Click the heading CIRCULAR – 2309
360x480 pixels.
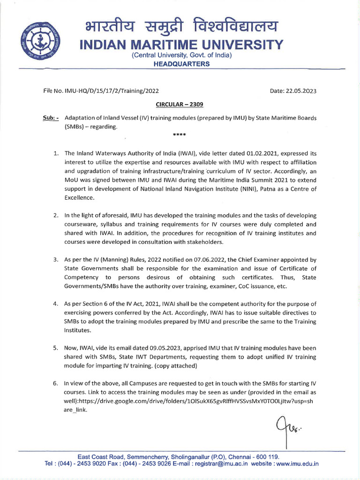click(x=180, y=105)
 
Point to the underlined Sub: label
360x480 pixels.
click(x=51, y=118)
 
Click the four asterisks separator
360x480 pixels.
click(x=180, y=135)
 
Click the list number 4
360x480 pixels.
click(x=55, y=304)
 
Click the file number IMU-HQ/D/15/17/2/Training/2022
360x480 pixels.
click(x=109, y=91)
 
